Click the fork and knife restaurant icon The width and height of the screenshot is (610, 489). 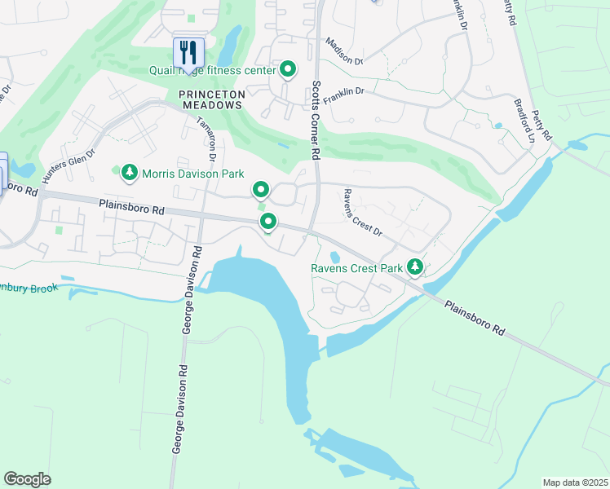pos(188,52)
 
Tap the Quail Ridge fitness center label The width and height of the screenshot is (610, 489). pos(212,70)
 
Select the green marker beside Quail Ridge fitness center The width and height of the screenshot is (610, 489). pos(288,70)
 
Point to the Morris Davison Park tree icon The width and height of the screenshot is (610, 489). pos(129,173)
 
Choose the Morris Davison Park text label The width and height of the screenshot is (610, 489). pos(192,173)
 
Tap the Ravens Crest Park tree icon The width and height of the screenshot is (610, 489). pos(416,267)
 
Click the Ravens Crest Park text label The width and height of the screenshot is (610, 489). pos(356,268)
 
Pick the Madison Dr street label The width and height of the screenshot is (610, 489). pos(343,51)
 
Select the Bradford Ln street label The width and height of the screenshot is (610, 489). pos(523,122)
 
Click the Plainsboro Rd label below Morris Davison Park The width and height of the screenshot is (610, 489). pos(131,208)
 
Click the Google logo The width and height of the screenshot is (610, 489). pos(27,479)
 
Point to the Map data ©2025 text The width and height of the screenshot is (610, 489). pos(575,482)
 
